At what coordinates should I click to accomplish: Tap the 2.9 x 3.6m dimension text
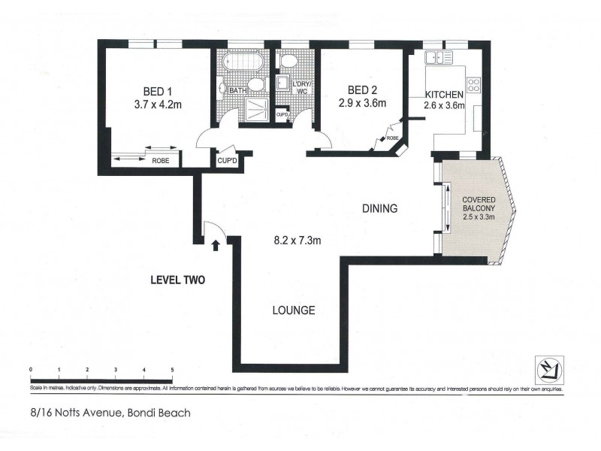361,104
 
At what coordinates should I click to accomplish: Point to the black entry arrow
216,244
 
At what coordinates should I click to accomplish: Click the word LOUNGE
294,310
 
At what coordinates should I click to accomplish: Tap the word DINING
379,209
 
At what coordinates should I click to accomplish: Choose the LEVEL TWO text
177,280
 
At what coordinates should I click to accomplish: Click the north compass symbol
547,368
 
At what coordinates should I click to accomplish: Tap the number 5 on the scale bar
173,370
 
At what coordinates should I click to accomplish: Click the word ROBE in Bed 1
160,160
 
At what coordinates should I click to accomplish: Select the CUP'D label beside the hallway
227,160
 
